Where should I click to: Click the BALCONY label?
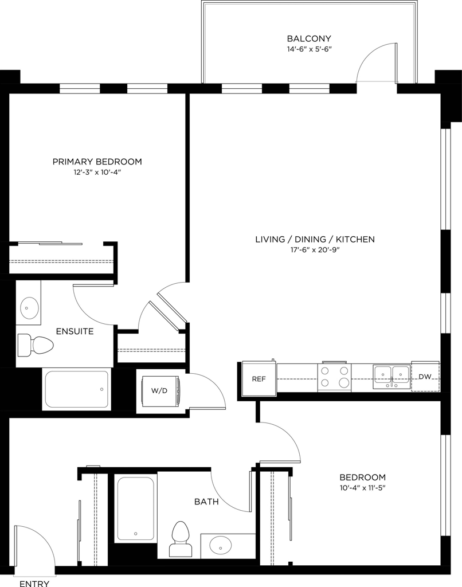[x=309, y=38]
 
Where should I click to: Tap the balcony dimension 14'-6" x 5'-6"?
[x=309, y=49]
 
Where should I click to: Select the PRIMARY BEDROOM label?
[x=97, y=162]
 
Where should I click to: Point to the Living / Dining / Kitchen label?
[x=315, y=239]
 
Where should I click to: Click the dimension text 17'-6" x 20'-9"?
[x=315, y=250]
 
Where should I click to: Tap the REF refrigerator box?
[x=259, y=378]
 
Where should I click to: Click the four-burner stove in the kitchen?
[x=334, y=377]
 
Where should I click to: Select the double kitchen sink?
[x=391, y=375]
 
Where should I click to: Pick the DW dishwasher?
[x=425, y=377]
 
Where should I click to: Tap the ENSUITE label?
[x=75, y=331]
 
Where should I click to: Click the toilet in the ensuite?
[x=36, y=345]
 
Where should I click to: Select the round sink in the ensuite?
[x=29, y=308]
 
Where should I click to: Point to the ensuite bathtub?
[x=77, y=389]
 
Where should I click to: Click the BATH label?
[x=207, y=502]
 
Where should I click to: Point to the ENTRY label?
[x=34, y=583]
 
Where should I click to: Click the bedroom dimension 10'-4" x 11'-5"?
[x=362, y=488]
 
